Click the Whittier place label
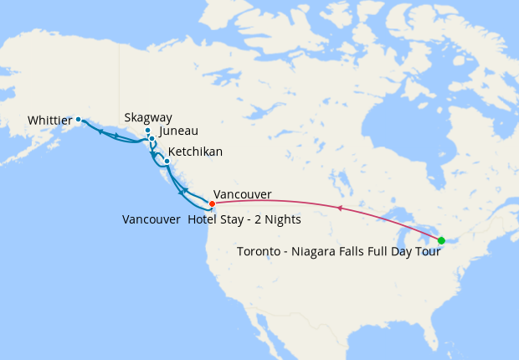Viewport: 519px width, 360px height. [x=50, y=121]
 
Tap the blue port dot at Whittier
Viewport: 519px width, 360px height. [x=79, y=119]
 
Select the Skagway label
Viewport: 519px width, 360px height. [x=147, y=118]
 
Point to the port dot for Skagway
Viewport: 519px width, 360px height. [x=147, y=131]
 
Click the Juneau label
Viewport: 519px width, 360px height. [x=178, y=131]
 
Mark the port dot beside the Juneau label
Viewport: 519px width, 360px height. [x=152, y=138]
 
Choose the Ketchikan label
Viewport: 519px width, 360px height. [x=196, y=155]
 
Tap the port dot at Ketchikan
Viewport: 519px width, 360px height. [x=167, y=161]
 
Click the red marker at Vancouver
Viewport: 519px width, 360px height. [x=212, y=203]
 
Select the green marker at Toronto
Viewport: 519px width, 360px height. [x=441, y=241]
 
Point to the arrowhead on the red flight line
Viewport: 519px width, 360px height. [x=339, y=207]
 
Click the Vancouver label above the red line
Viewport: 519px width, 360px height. [x=243, y=194]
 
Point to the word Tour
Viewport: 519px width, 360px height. [x=428, y=251]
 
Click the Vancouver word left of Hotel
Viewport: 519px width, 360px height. [x=151, y=219]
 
